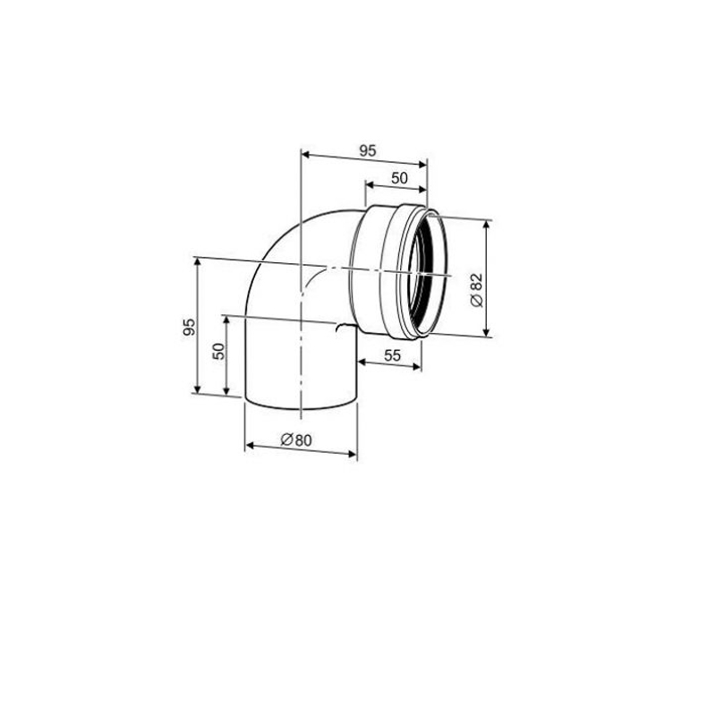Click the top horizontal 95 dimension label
[x=367, y=150]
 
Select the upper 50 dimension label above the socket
[x=399, y=178]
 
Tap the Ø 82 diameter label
[x=476, y=290]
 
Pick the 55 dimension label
[x=392, y=354]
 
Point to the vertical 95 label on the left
[x=189, y=327]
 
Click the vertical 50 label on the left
[x=219, y=351]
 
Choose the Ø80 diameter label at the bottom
[x=296, y=439]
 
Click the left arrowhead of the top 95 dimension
[x=305, y=155]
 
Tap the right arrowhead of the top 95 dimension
[x=422, y=164]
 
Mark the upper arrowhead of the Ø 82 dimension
[x=487, y=226]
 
